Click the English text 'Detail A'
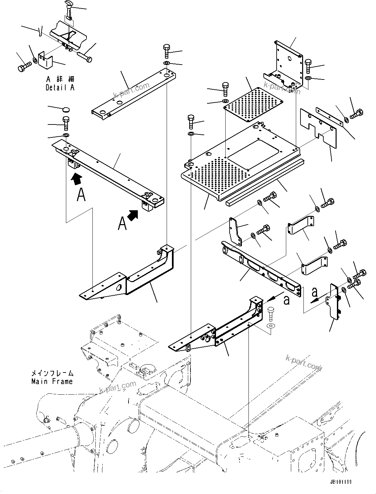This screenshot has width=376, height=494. (x=60, y=87)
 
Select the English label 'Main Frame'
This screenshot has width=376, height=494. (x=52, y=381)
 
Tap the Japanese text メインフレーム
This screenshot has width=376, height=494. (x=52, y=373)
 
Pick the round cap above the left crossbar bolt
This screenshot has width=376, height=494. (x=66, y=110)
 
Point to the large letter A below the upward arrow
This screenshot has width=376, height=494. (x=81, y=195)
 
